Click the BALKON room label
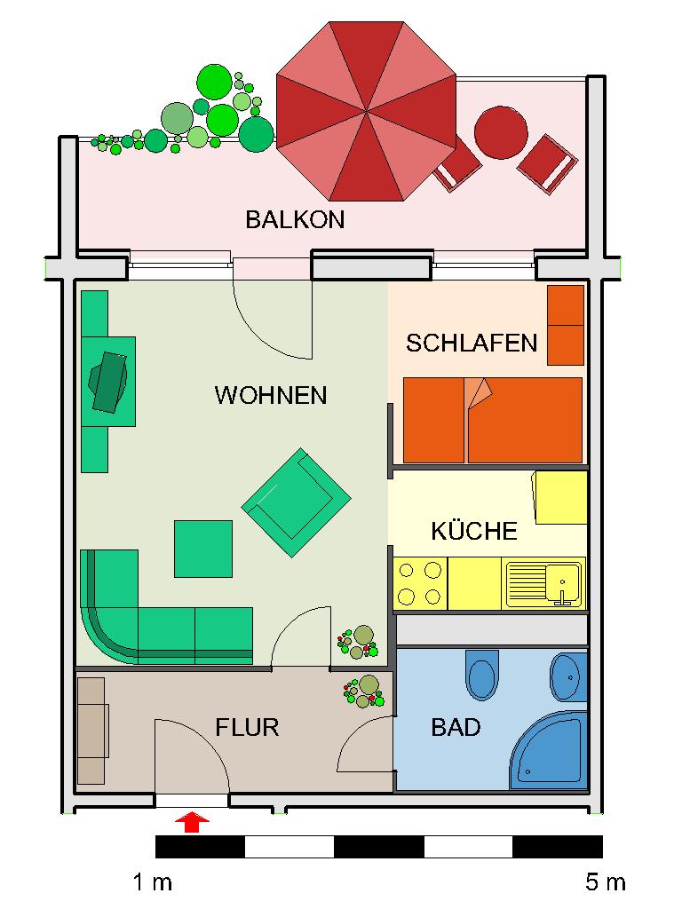click(x=295, y=219)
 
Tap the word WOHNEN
click(x=271, y=395)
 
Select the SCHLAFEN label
click(x=472, y=343)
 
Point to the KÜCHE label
click(x=473, y=532)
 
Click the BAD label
click(x=456, y=728)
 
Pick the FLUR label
click(x=247, y=728)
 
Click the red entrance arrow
click(x=192, y=822)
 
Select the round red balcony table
click(x=502, y=132)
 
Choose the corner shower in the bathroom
click(x=551, y=750)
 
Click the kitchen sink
click(x=545, y=582)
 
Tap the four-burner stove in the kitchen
click(x=420, y=582)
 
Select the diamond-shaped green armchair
click(x=296, y=502)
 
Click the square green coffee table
click(x=202, y=549)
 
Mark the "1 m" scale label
click(x=153, y=882)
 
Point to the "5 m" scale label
click(x=605, y=882)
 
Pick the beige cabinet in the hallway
click(x=91, y=731)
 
